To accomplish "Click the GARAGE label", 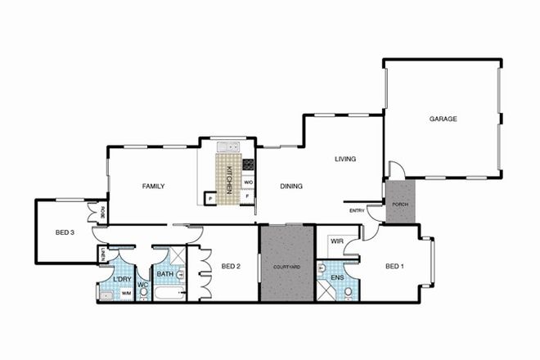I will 443,119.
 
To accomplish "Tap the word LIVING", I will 344,160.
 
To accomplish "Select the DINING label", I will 291,187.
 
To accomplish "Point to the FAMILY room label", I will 153,187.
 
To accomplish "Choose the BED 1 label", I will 395,265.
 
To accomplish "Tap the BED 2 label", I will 230,265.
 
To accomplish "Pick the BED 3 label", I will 65,232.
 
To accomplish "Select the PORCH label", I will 401,204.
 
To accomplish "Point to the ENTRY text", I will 357,211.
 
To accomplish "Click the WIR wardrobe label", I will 336,242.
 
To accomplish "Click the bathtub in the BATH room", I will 170,294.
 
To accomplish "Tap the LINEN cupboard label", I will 101,256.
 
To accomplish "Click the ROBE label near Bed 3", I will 103,213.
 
